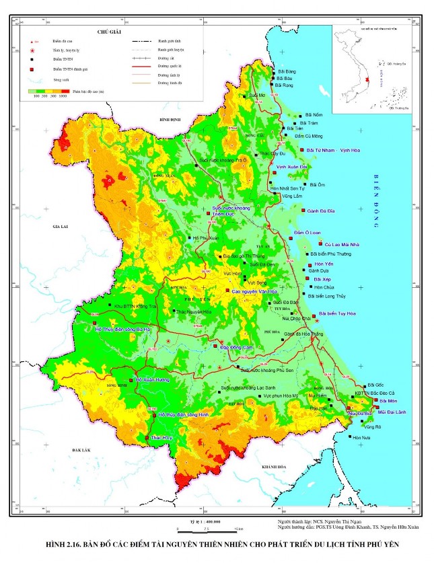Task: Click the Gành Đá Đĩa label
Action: point(322,211)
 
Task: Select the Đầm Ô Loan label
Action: point(310,232)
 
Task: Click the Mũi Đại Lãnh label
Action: point(391,411)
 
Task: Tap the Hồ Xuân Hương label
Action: point(153,380)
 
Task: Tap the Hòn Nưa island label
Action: point(361,437)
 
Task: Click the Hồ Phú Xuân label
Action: point(205,238)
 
